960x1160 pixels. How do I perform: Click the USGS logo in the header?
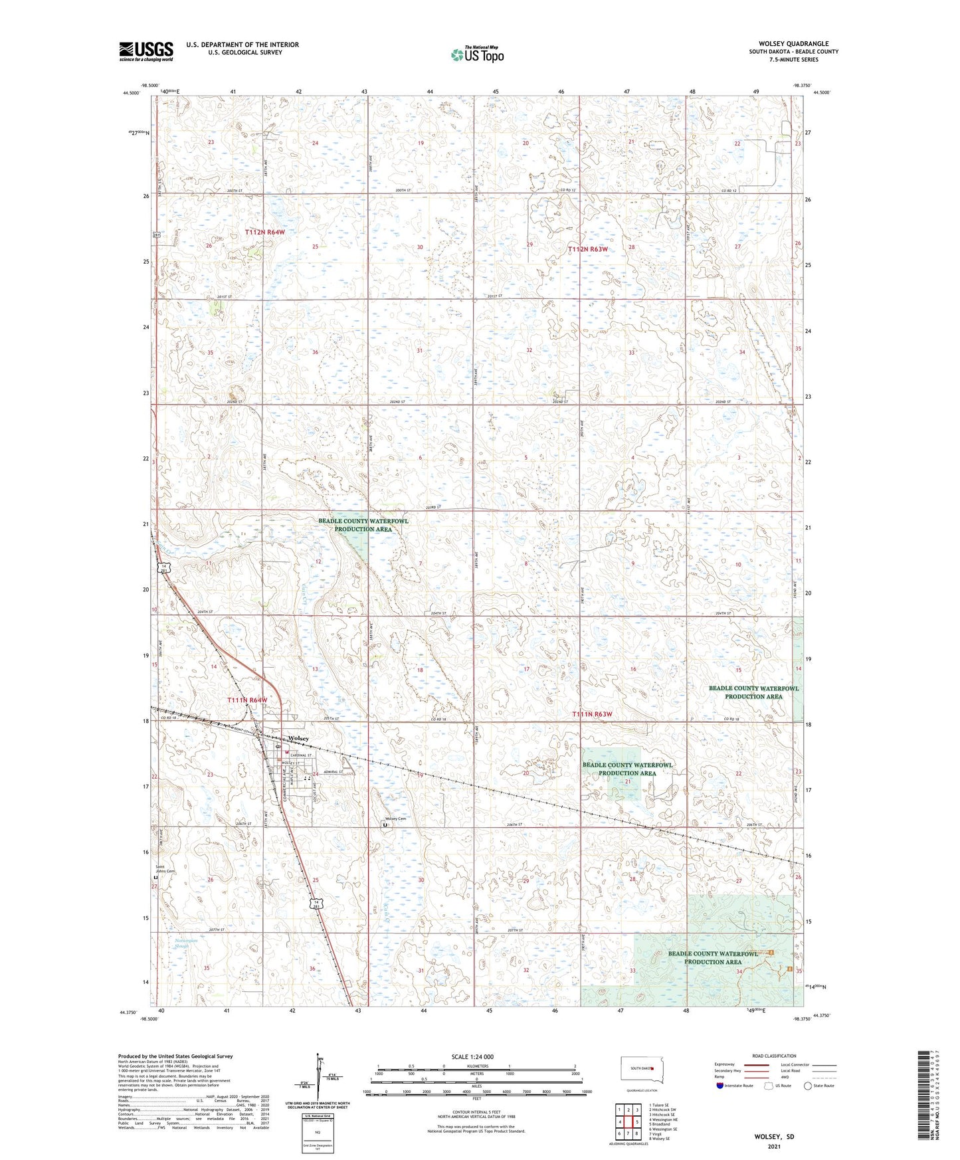pos(145,51)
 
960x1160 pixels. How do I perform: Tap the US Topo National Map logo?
pos(476,54)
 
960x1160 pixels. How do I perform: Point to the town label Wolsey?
pos(298,738)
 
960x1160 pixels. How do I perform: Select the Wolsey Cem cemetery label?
pos(395,819)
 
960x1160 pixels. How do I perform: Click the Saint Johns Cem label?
pos(165,868)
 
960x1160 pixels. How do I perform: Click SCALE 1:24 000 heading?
pos(472,1056)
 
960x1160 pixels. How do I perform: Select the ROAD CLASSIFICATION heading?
pos(775,1056)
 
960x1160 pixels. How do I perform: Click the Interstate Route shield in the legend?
pos(721,1086)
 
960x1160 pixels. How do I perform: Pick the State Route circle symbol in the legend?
pos(808,1086)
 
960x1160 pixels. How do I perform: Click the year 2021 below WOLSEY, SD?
pos(774,1146)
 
